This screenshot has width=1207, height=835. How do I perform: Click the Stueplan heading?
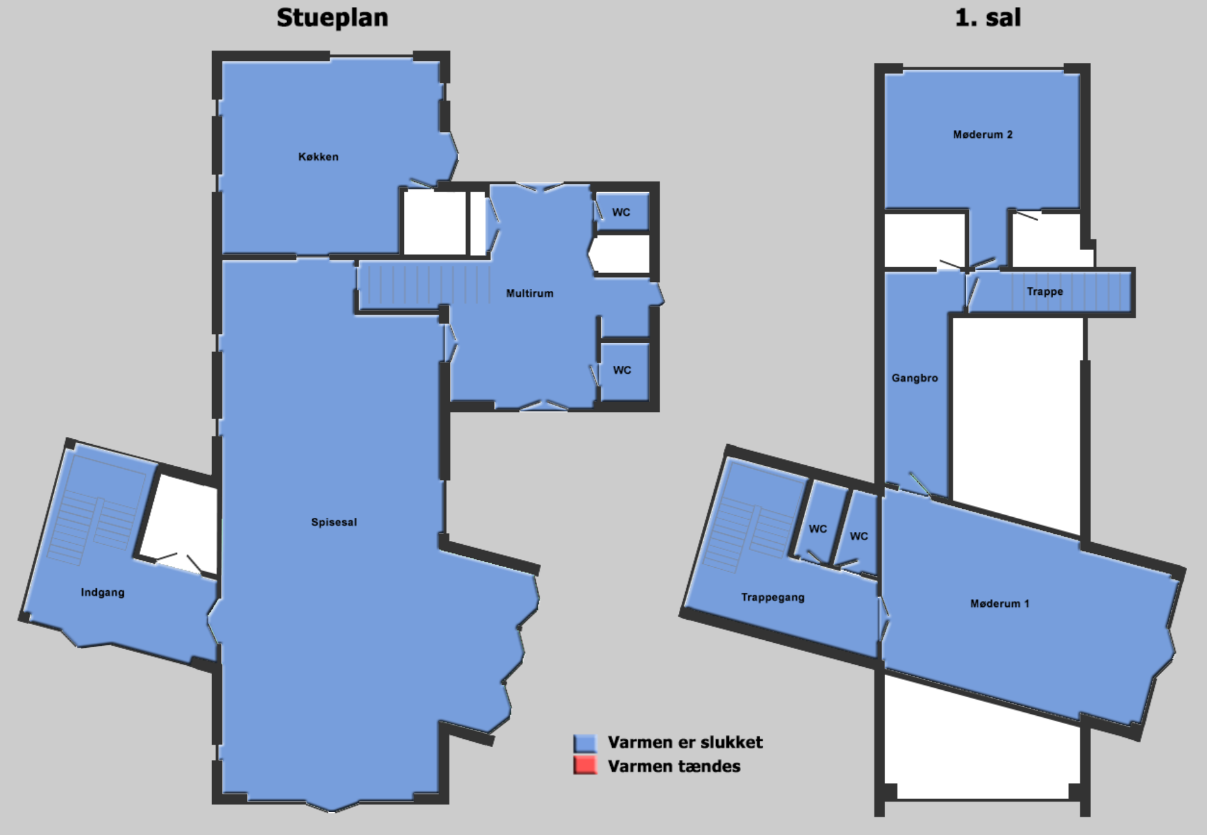[332, 18]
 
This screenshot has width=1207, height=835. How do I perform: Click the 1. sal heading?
[988, 17]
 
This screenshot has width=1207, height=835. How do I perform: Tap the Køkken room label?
[318, 157]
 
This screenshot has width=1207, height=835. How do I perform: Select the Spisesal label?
[334, 522]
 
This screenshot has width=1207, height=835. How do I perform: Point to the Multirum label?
[529, 293]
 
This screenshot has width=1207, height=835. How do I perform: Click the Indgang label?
[103, 593]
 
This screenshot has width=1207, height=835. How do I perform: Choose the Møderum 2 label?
[983, 135]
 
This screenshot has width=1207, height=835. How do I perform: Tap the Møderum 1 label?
[999, 604]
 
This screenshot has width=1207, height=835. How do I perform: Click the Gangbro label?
[915, 378]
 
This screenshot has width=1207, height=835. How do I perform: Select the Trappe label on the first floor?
[1045, 292]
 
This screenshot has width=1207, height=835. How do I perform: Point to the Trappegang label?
[772, 597]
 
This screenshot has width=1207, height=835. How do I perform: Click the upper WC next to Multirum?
[621, 212]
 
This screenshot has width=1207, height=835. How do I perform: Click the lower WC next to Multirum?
[622, 370]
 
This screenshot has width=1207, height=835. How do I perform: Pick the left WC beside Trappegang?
[818, 529]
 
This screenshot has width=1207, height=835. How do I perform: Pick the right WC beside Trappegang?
[859, 536]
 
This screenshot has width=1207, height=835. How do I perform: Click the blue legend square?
[585, 743]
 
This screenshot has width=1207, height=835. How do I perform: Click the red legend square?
[585, 766]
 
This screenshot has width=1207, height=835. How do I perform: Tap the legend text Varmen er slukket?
[685, 743]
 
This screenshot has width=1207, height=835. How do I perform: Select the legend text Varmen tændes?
[674, 766]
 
